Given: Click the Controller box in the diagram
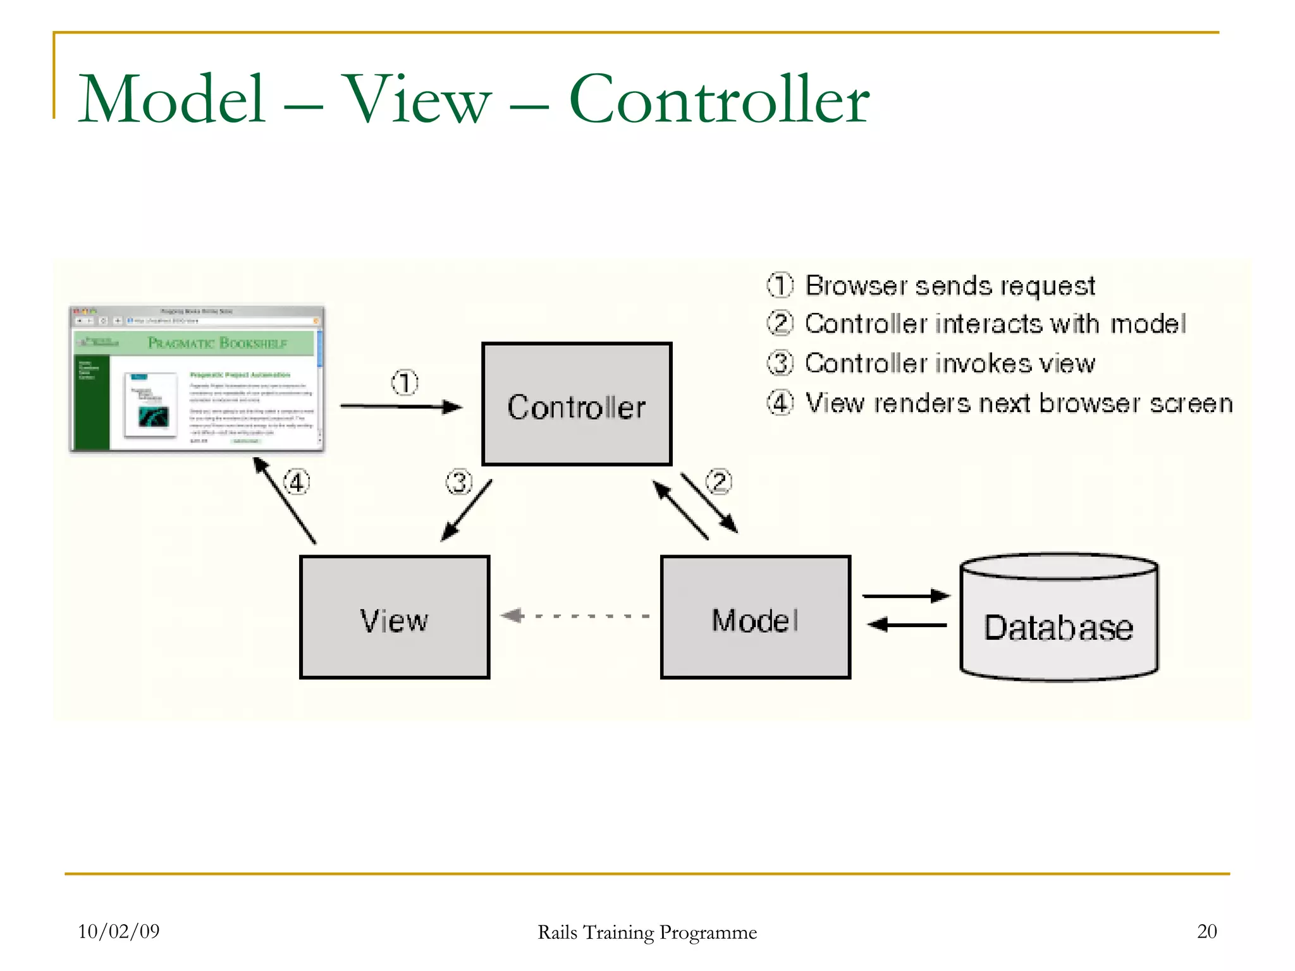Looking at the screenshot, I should (576, 405).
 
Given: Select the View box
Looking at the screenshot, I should (395, 618).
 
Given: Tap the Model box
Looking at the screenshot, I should (755, 618).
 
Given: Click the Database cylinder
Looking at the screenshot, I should (1059, 620).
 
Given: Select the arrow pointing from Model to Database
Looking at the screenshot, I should (905, 595).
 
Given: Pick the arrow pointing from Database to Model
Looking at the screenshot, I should (907, 625).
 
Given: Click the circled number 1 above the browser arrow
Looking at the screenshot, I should (405, 382).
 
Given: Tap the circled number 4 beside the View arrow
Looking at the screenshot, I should (296, 483).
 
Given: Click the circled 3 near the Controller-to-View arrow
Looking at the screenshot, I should (459, 483).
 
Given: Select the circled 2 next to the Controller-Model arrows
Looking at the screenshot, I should (719, 482).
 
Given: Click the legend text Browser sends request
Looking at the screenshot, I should (949, 286).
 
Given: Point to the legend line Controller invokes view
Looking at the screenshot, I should (949, 363).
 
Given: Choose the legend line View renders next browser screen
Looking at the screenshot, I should (1018, 403).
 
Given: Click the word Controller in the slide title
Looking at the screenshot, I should (719, 99).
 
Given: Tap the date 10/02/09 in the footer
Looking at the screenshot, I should (118, 931).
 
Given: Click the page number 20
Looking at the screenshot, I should (1206, 931).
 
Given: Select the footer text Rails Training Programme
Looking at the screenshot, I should (647, 932).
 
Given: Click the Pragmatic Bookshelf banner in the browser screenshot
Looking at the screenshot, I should (217, 343).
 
